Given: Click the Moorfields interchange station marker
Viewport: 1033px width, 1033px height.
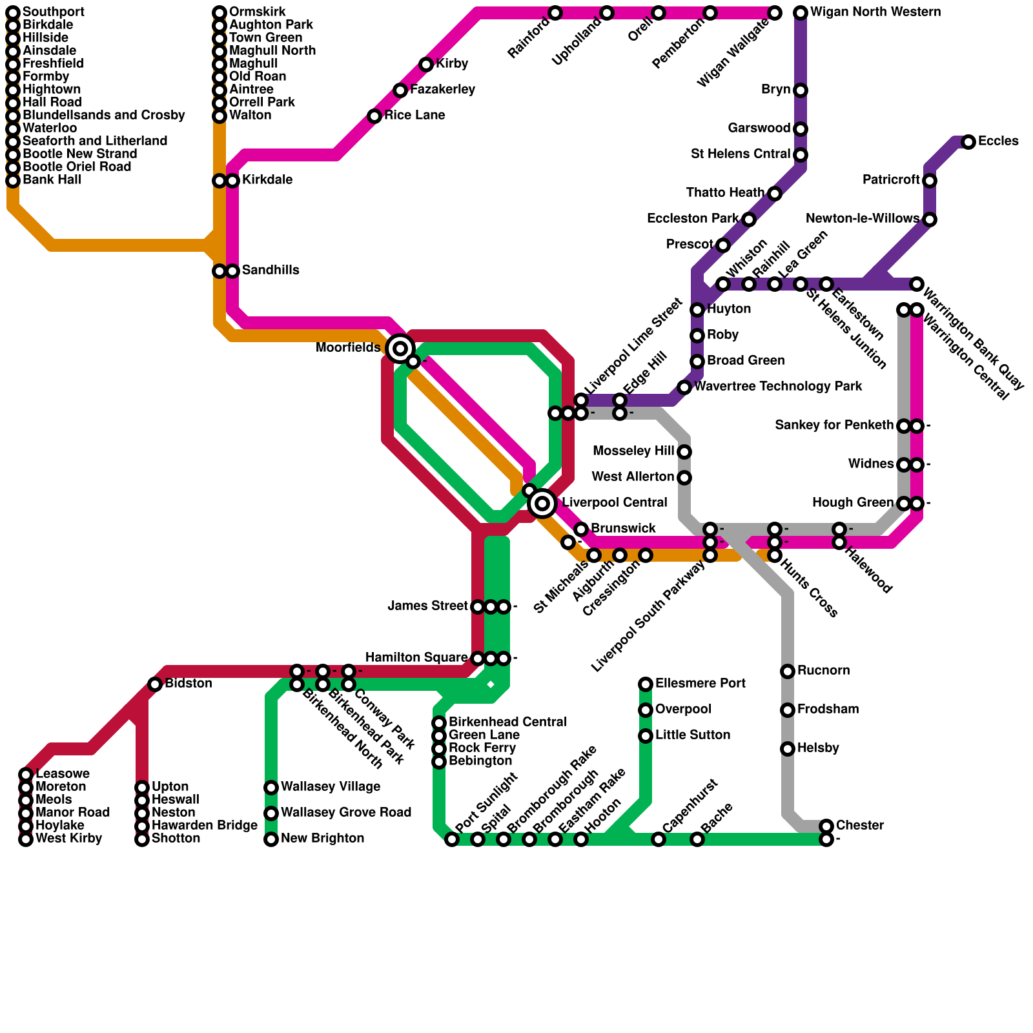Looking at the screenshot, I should (x=400, y=349).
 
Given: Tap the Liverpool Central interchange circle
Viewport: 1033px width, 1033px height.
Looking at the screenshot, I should (x=542, y=503).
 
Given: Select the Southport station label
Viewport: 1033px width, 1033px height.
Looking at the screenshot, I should (x=53, y=12).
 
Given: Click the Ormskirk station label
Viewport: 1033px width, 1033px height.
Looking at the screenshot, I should (x=258, y=12).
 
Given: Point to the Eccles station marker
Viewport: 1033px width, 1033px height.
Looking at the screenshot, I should (x=968, y=142).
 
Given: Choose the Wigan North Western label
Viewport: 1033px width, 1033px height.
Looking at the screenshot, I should (x=875, y=12).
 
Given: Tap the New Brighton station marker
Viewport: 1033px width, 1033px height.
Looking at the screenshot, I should (x=271, y=839).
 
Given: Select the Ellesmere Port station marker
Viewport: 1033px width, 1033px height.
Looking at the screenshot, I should (x=646, y=684).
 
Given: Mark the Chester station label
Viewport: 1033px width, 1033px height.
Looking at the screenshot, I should (x=860, y=826).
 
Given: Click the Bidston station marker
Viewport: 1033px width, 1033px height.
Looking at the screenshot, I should (x=155, y=684).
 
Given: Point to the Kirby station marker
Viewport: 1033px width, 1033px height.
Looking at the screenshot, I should (x=426, y=65).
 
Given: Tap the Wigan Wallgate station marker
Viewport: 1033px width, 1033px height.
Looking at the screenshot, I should (x=775, y=13).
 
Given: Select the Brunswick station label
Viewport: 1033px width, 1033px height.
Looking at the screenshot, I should (x=623, y=529).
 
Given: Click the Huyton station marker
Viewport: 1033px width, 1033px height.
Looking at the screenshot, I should (x=697, y=310).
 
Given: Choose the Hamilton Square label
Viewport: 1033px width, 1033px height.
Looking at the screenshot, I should (x=416, y=658).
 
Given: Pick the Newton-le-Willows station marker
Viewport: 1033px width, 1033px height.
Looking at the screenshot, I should (x=930, y=220).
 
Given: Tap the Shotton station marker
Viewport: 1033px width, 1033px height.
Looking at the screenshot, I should (x=142, y=839).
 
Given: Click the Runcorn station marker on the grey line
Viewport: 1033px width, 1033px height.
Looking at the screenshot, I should (x=788, y=671).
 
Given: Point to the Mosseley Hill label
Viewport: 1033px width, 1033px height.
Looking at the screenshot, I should (x=633, y=451).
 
